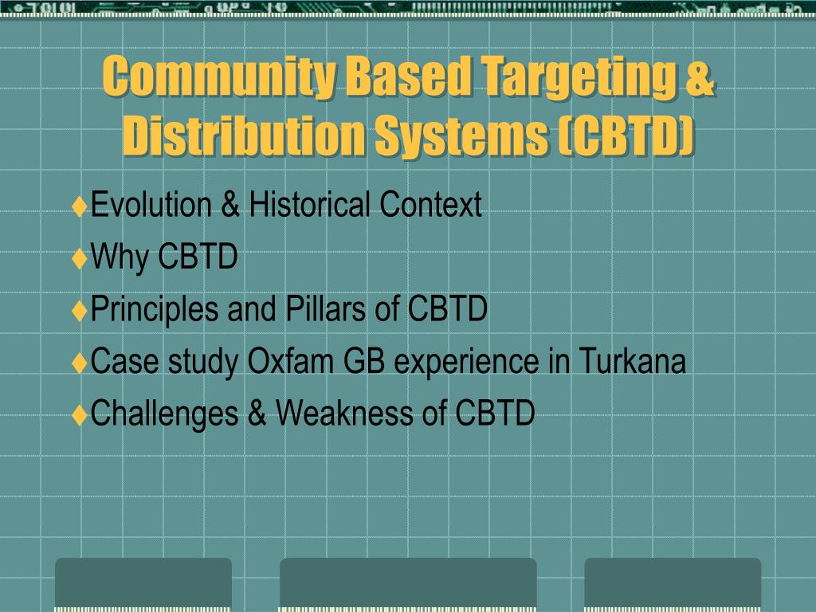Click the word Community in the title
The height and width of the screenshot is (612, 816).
[x=218, y=76]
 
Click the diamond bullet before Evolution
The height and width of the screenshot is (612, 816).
[x=80, y=206]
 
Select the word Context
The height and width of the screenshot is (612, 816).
[x=430, y=204]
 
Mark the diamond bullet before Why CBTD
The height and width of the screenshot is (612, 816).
[x=80, y=259]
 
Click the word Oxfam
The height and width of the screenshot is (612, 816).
[x=290, y=361]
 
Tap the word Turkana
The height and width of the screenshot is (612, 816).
[x=632, y=361]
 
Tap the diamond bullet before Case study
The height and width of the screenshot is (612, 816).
[x=80, y=363]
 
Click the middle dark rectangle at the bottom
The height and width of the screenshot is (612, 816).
[x=408, y=583]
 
